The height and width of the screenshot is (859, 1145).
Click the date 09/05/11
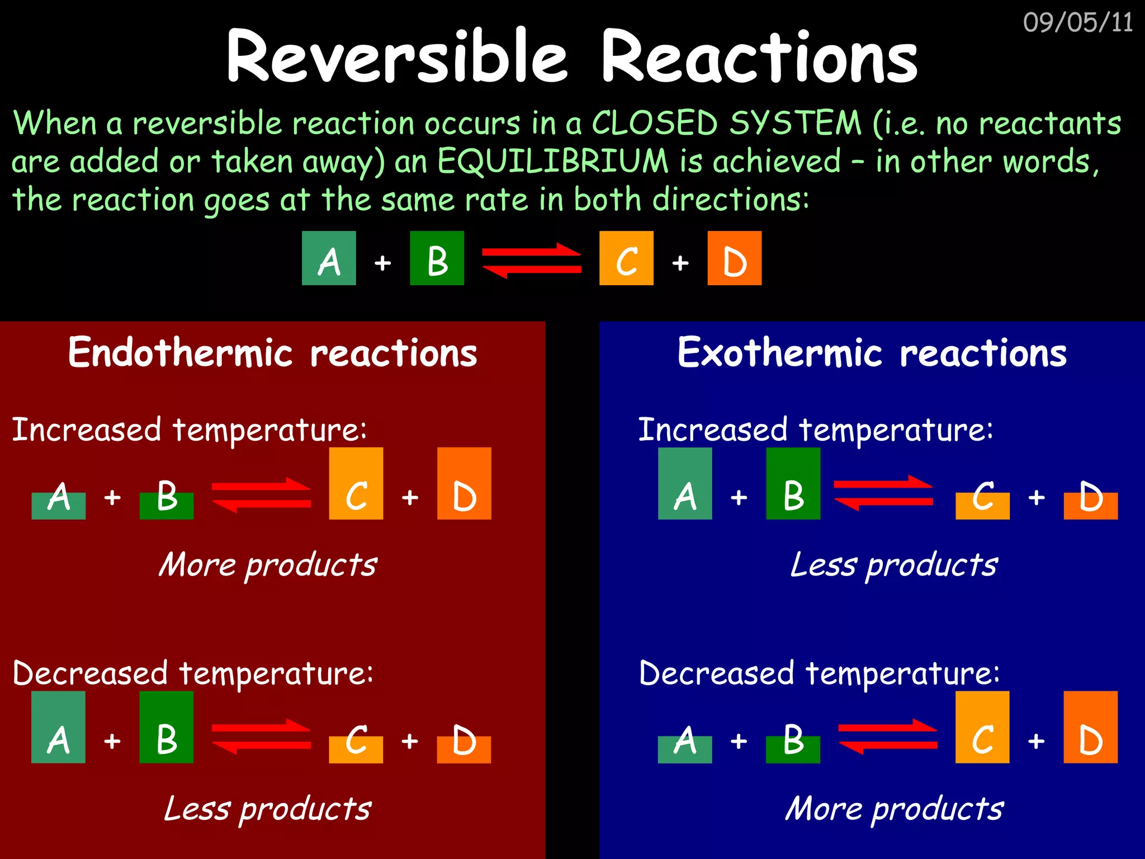coord(1077,23)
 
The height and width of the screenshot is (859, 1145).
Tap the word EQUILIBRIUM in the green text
coord(552,162)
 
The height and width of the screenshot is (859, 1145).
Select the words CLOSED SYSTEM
coord(726,123)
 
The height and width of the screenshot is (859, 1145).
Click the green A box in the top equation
coord(329,258)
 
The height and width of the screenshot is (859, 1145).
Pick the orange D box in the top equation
coord(734,258)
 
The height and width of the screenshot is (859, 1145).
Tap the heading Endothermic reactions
coord(272,353)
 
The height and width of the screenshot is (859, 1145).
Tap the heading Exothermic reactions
coord(872,353)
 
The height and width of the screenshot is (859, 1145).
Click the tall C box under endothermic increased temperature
coord(356,484)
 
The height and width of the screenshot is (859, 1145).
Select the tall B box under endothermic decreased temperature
coord(167,727)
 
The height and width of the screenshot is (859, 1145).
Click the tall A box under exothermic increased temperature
coord(685,484)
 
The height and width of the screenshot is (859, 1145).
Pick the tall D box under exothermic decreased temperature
coord(1090,727)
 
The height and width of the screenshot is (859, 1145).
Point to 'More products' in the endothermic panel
coord(268,565)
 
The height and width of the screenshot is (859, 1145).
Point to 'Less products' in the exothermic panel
coord(893,565)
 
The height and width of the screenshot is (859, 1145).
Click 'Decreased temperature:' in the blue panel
coord(819,673)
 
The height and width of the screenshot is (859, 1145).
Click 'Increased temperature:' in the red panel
coord(190,430)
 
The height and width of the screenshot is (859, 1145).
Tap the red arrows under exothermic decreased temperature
coord(887,737)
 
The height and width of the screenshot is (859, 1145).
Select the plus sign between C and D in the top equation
coord(680,262)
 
